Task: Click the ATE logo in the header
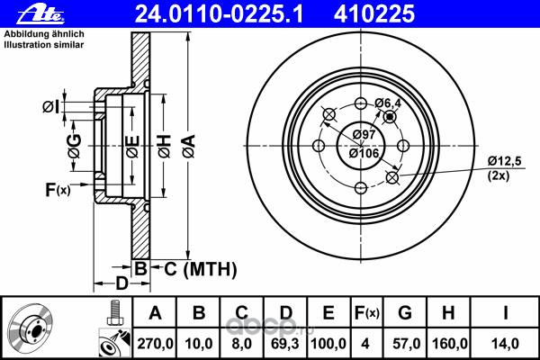pos(40,14)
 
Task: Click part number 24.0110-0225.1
pos(219,14)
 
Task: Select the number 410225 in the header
pos(374,14)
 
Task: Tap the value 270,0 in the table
pos(155,344)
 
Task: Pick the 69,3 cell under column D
pos(285,344)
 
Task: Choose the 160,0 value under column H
pos(449,344)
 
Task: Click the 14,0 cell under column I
pos(505,344)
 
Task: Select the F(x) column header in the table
pos(367,313)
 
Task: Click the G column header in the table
pos(405,313)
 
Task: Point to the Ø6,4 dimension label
pos(388,103)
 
